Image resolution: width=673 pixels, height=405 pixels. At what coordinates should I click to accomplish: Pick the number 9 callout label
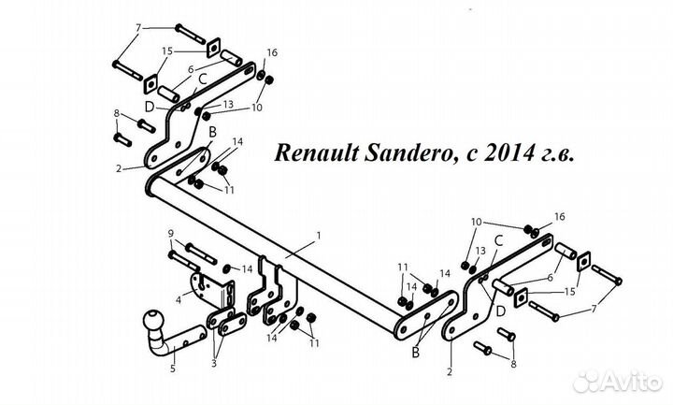click(171, 233)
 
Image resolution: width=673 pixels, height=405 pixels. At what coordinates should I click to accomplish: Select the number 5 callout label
click(171, 369)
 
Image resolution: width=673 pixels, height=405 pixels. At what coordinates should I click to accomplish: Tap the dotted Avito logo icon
click(587, 382)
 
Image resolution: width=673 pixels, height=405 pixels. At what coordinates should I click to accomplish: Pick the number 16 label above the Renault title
click(272, 52)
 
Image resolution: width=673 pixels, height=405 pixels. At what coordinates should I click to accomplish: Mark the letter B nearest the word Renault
click(212, 134)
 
